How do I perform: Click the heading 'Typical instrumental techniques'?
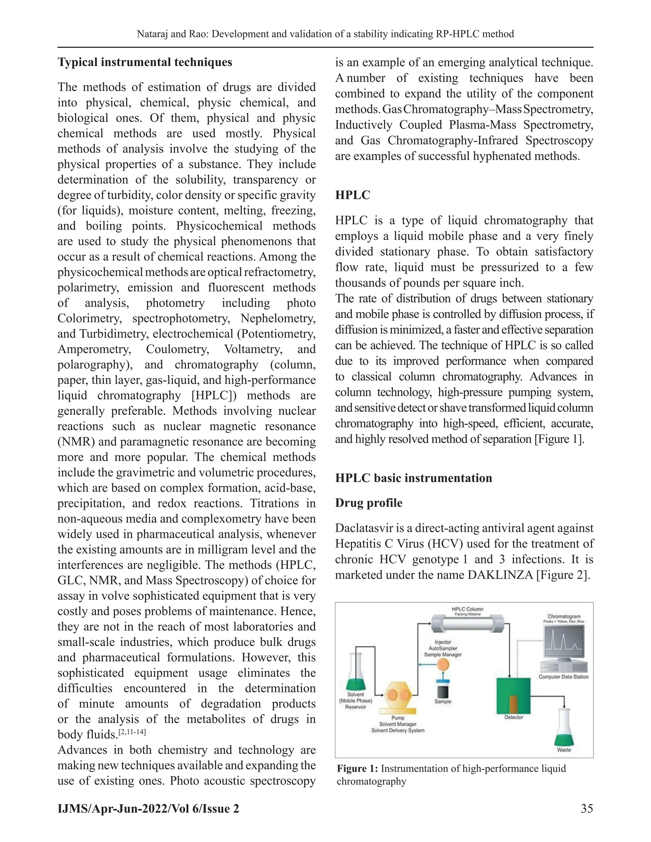(x=145, y=63)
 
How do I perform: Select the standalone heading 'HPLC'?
(x=353, y=195)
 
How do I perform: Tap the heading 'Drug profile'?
(x=368, y=503)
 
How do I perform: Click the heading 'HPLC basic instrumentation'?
(x=414, y=478)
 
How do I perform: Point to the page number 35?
(x=586, y=808)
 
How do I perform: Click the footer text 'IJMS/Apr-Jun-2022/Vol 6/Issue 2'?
(x=148, y=808)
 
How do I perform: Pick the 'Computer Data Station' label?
(x=564, y=676)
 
